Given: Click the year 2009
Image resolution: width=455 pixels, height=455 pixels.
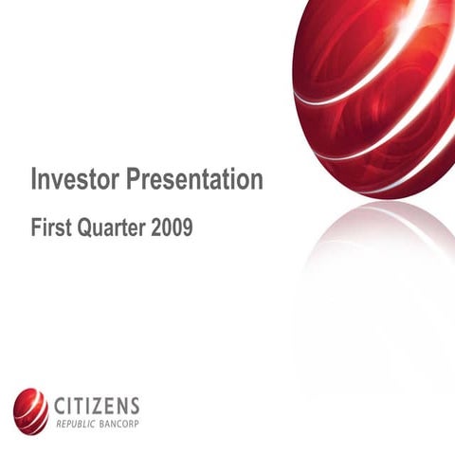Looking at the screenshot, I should pyautogui.click(x=172, y=228).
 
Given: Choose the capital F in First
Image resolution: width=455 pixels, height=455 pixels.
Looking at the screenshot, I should pyautogui.click(x=37, y=228).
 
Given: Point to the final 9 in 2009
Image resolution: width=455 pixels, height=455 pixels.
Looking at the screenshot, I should pyautogui.click(x=188, y=228).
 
